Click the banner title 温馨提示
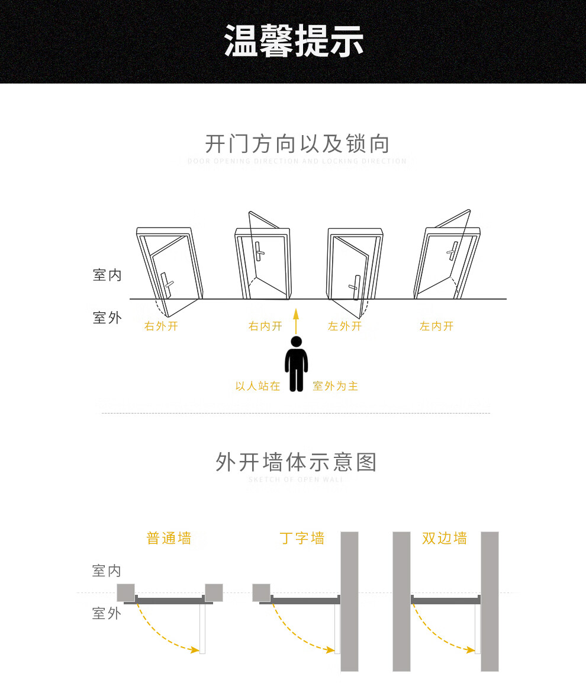[294, 41]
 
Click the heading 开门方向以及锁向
[297, 144]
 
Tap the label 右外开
[161, 326]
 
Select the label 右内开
[265, 326]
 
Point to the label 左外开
[344, 326]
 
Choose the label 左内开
[436, 326]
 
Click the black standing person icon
[296, 364]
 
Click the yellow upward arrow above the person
[296, 321]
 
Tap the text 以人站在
[257, 386]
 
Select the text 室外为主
[335, 386]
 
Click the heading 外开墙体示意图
[296, 462]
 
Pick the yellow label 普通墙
[169, 539]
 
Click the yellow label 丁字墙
[302, 539]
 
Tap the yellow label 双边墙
[445, 539]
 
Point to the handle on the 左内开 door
[453, 250]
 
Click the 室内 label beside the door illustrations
[107, 275]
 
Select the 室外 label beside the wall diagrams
[107, 613]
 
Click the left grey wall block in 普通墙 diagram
[125, 592]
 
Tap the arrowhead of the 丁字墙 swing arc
[331, 650]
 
